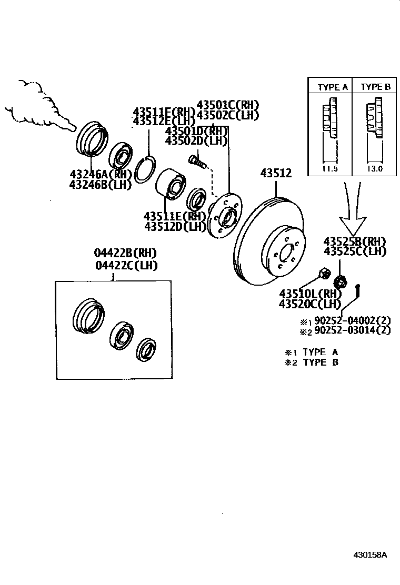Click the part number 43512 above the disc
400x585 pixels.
(276, 174)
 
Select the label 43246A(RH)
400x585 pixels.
(100, 174)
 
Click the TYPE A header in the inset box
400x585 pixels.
(333, 87)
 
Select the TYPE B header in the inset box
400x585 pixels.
(375, 87)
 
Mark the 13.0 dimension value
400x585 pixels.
(375, 169)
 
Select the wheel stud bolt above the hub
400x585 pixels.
(196, 159)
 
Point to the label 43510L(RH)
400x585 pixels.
(310, 294)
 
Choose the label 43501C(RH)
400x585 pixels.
(228, 104)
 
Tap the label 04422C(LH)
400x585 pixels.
(126, 265)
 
